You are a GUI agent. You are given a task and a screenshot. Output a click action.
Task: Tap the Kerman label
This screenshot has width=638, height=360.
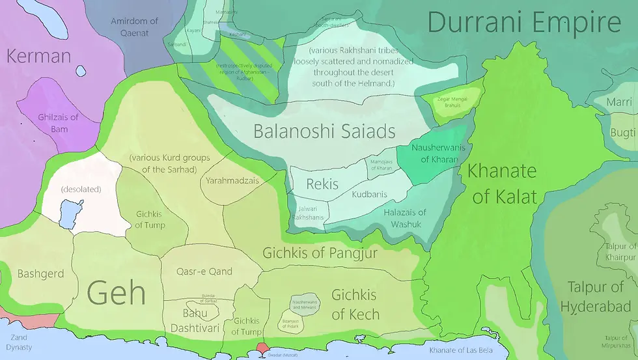[x=38, y=56]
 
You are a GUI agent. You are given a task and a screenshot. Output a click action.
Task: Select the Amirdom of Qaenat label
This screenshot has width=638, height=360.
[x=134, y=26]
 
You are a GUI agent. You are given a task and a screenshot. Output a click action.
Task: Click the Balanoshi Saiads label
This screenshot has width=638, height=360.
[x=324, y=132]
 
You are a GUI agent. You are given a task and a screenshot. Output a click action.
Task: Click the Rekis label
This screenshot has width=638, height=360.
[x=322, y=184]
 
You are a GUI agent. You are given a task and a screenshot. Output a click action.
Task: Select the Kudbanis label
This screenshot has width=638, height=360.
[x=369, y=195]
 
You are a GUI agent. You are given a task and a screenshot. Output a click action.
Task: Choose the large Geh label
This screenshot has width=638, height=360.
[x=116, y=292]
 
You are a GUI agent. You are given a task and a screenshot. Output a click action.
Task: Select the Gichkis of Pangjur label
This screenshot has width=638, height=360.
[x=320, y=253]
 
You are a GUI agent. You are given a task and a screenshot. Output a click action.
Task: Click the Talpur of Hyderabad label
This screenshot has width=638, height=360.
[x=595, y=297]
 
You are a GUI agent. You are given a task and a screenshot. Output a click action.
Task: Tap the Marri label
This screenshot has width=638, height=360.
[x=619, y=102]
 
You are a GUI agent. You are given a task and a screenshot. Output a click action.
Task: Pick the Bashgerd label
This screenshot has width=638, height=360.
[x=40, y=273]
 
